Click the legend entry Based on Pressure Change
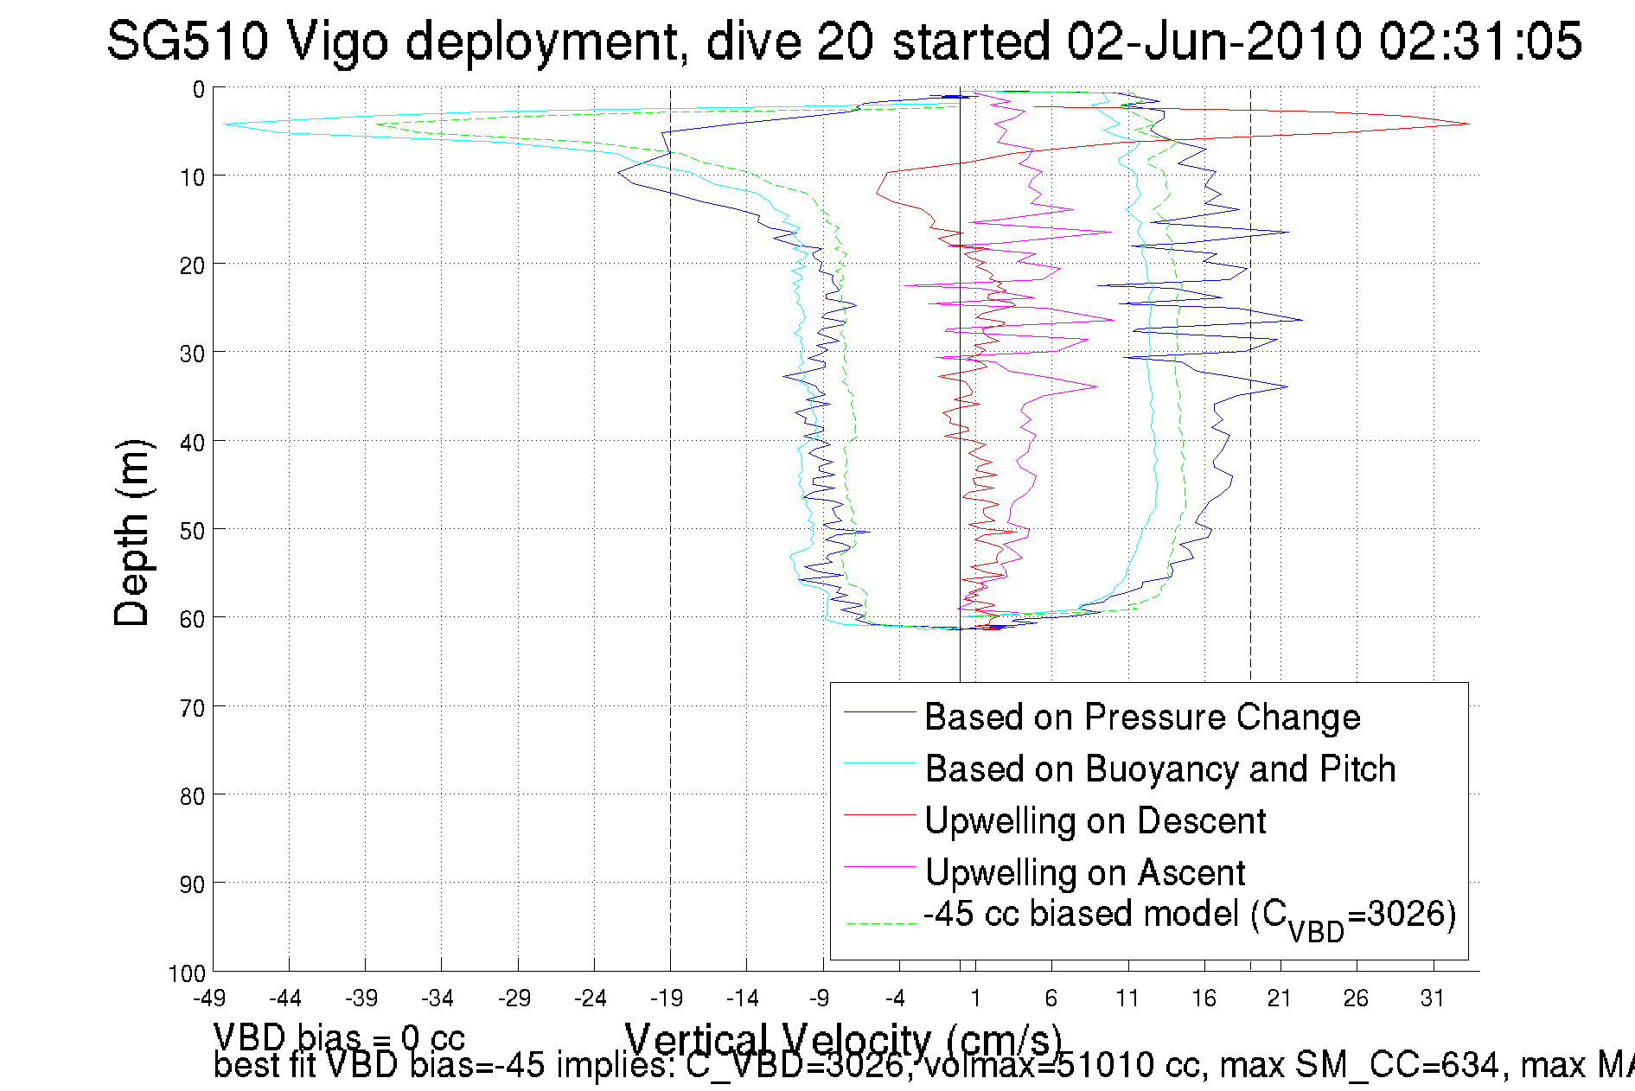[x=1141, y=717]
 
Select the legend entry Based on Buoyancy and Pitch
[x=1159, y=769]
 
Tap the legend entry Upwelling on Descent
[x=1095, y=820]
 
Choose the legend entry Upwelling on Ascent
[x=1084, y=872]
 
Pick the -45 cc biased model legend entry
[x=1189, y=916]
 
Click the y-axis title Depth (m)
[x=133, y=533]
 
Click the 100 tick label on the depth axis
[x=187, y=973]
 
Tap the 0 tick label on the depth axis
[x=199, y=89]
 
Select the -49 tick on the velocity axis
[x=209, y=998]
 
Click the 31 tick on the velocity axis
[x=1433, y=998]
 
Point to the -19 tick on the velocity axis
[x=667, y=998]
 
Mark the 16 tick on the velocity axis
[x=1204, y=998]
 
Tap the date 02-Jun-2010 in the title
[x=1214, y=41]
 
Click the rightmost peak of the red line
[x=1468, y=124]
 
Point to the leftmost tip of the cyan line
[x=224, y=124]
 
